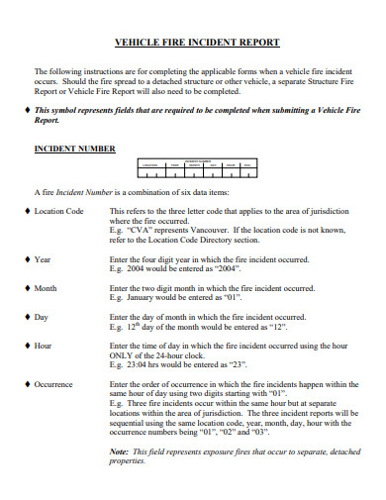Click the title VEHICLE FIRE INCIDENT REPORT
tap(198, 43)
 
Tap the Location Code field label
tap(59, 212)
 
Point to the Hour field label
tap(44, 347)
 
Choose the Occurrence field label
tap(54, 383)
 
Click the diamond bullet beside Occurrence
tap(27, 383)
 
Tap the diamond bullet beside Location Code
tap(27, 212)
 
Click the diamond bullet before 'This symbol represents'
tap(27, 110)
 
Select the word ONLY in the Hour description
tap(121, 354)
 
